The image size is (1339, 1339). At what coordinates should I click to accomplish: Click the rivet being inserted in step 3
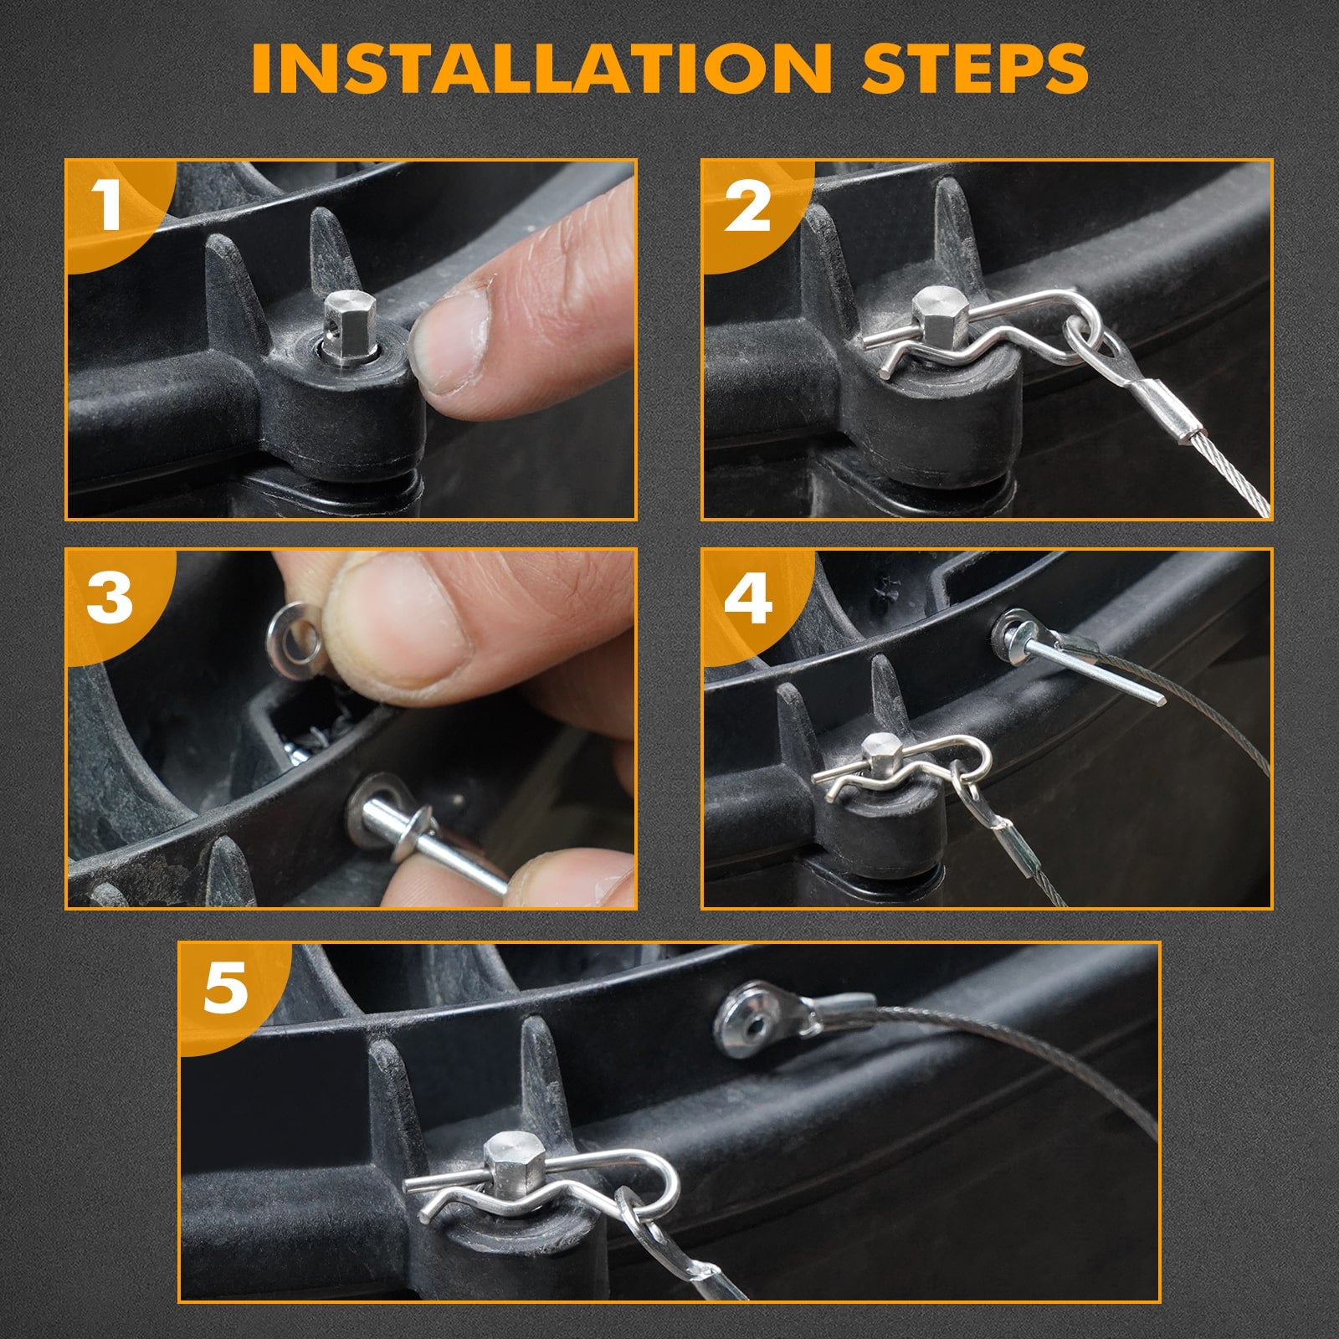tap(436, 841)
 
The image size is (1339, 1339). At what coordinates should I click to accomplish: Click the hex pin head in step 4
tap(879, 754)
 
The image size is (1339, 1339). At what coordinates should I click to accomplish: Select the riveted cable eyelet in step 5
tap(757, 1019)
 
